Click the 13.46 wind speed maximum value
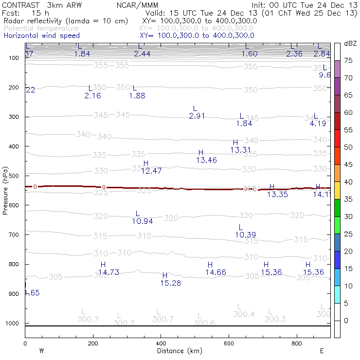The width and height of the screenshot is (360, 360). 206,160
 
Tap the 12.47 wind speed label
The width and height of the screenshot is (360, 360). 151,171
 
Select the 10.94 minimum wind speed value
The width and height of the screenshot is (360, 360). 142,221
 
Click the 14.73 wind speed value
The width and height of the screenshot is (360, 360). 108,272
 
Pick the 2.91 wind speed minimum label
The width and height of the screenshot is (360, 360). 197,116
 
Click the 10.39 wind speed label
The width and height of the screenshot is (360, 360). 245,235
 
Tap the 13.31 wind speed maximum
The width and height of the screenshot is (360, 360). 240,150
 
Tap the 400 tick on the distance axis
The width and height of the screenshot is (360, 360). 161,343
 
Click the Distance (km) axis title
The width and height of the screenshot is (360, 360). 180,350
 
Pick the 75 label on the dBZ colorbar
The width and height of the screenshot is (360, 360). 348,61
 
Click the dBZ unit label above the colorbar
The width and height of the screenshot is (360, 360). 350,43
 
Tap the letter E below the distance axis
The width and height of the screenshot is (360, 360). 322,350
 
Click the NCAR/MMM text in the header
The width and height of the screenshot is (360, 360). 138,5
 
